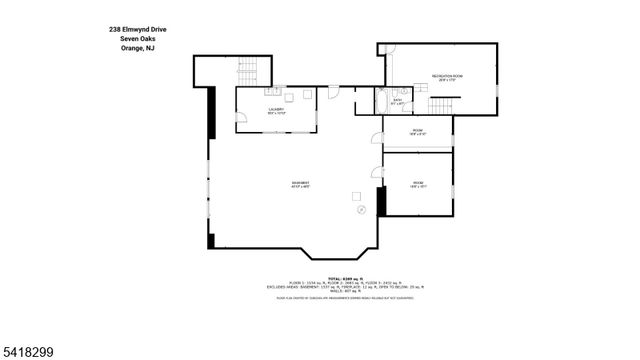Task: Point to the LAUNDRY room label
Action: (x=276, y=111)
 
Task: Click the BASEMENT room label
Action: (x=299, y=184)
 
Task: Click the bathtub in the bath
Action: (x=382, y=101)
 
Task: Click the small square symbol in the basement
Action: (x=356, y=195)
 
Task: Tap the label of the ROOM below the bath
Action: (x=417, y=132)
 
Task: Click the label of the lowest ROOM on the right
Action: (x=417, y=184)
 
